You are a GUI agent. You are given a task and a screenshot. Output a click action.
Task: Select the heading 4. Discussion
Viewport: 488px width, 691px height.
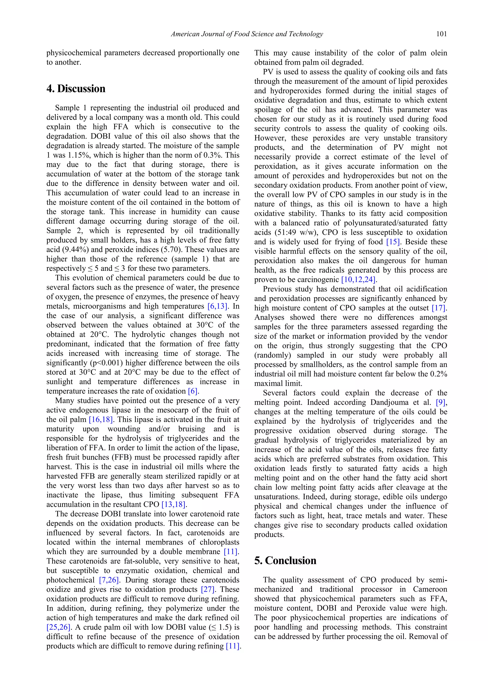point(76,89)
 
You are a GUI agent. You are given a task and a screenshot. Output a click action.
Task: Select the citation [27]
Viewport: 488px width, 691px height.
point(208,589)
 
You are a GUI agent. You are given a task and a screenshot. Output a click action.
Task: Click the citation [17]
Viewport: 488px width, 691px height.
point(439,308)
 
